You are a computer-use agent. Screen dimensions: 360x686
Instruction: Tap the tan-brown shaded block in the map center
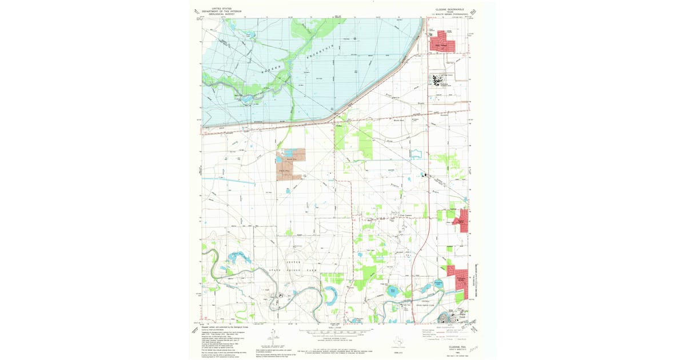[x=289, y=165]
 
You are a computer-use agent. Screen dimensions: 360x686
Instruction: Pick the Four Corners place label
[x=397, y=215]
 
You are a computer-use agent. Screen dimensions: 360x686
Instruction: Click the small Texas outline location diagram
[x=395, y=341]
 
